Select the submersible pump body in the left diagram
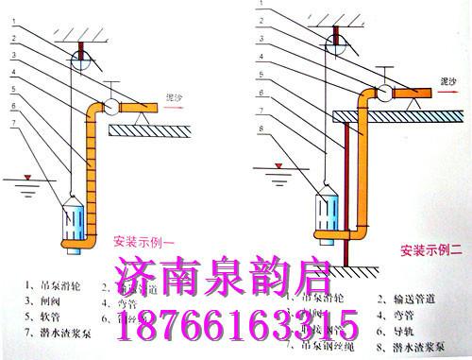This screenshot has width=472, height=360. pyautogui.click(x=76, y=221)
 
